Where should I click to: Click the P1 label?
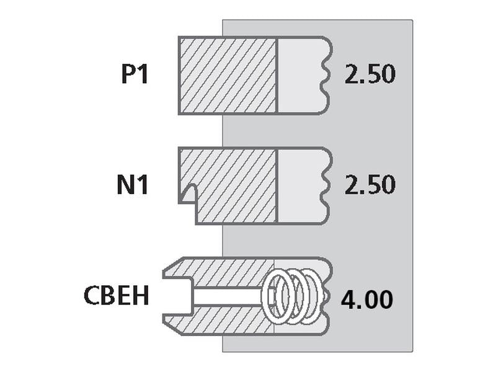pyautogui.click(x=135, y=74)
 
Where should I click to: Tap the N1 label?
pyautogui.click(x=133, y=185)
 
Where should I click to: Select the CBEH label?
pyautogui.click(x=116, y=295)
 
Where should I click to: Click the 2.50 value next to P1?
pyautogui.click(x=370, y=74)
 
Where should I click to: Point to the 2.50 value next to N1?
pyautogui.click(x=370, y=184)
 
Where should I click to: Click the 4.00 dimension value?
pyautogui.click(x=367, y=299)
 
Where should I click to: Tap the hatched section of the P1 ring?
pyautogui.click(x=228, y=75)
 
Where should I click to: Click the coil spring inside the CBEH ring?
pyautogui.click(x=291, y=296)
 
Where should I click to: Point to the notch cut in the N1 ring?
pyautogui.click(x=188, y=193)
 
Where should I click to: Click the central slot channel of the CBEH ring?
pyautogui.click(x=221, y=296)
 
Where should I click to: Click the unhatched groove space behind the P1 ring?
pyautogui.click(x=301, y=75)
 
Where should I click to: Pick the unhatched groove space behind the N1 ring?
pyautogui.click(x=301, y=186)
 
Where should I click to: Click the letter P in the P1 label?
pyautogui.click(x=128, y=74)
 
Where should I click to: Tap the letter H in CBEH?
pyautogui.click(x=142, y=295)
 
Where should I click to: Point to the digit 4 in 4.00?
pyautogui.click(x=348, y=299)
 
